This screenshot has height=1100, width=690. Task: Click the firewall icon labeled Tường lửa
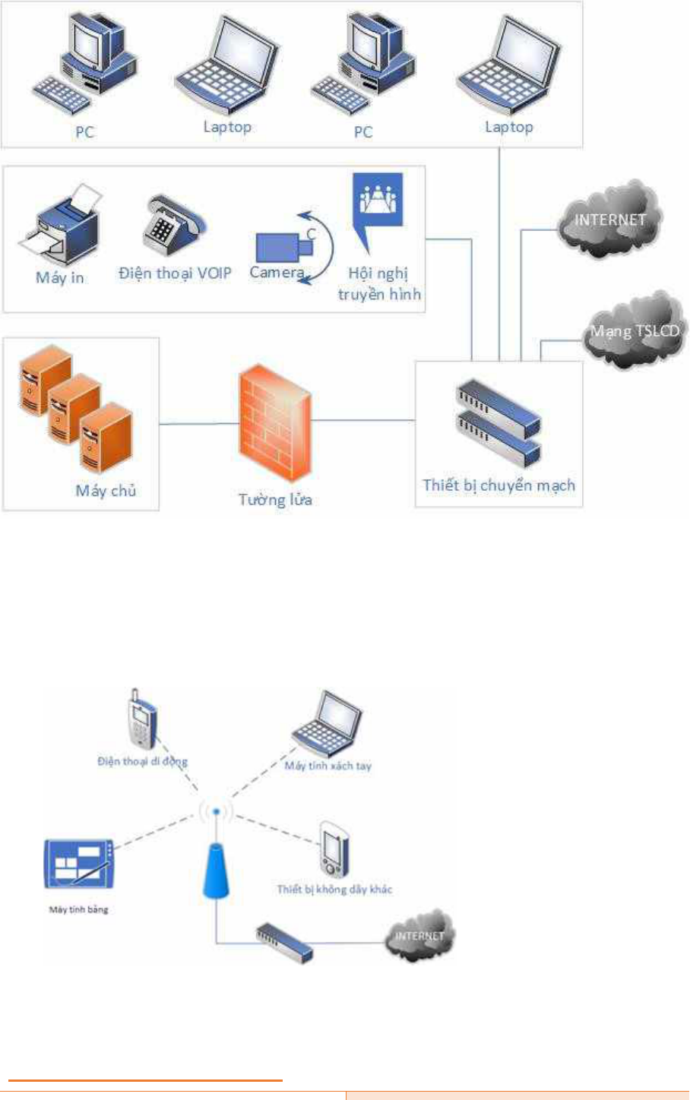coord(275,423)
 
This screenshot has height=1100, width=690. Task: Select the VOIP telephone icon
coord(175,225)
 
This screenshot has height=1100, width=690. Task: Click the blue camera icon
coord(284,247)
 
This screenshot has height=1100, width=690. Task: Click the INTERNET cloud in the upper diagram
coord(609,219)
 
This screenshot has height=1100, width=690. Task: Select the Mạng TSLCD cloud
coord(634,330)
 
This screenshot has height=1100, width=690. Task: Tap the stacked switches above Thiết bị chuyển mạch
coord(499,423)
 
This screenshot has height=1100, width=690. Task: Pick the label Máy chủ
coord(106,491)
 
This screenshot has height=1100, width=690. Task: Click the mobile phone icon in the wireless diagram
coord(141,719)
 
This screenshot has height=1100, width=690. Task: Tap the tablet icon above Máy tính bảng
coord(78,864)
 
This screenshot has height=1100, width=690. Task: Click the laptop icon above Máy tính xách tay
coord(327,723)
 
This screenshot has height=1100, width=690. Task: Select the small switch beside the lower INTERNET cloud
coord(284,943)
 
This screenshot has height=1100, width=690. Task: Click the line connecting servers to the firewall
coord(199,424)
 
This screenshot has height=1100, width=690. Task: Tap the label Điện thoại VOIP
coord(175,273)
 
